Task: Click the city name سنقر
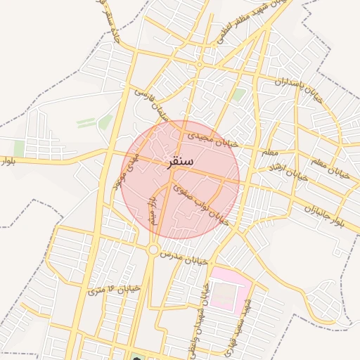(x=181, y=162)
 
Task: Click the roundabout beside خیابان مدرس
(x=153, y=249)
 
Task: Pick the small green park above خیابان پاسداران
(x=240, y=94)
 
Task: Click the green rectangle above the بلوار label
(x=19, y=148)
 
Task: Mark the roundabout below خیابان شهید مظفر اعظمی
(x=200, y=65)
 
